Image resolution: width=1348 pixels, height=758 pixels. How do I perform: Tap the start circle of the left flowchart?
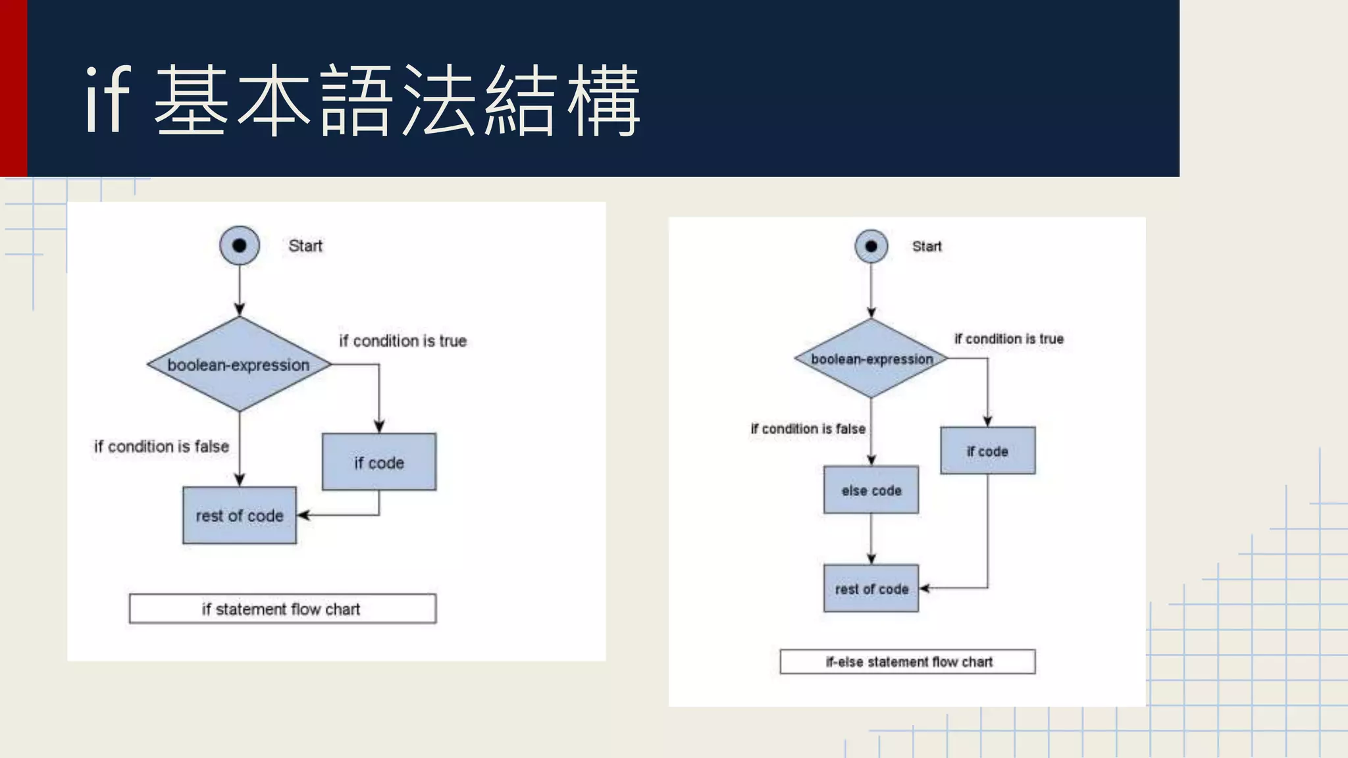pyautogui.click(x=240, y=245)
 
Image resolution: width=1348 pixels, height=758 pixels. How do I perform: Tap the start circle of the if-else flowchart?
pyautogui.click(x=871, y=246)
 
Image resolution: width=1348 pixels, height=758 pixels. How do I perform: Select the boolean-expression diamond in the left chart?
pyautogui.click(x=239, y=365)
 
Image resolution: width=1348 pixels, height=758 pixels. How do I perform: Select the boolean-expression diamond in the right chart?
pyautogui.click(x=871, y=359)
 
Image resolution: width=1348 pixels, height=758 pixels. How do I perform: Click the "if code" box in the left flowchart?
pyautogui.click(x=379, y=462)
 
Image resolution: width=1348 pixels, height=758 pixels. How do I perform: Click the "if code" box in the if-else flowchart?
pyautogui.click(x=987, y=451)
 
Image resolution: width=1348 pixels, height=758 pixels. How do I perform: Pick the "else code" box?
pyautogui.click(x=871, y=490)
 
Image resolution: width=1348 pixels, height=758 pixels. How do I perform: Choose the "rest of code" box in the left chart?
pyautogui.click(x=240, y=515)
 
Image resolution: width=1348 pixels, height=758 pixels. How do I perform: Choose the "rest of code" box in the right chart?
pyautogui.click(x=871, y=588)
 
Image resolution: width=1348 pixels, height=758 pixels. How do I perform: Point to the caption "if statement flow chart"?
pyautogui.click(x=282, y=609)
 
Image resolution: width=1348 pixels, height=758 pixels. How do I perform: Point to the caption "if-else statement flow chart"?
pyautogui.click(x=908, y=661)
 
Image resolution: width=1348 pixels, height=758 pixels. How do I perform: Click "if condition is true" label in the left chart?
pyautogui.click(x=403, y=341)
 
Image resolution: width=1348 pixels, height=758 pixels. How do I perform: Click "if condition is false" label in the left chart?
pyautogui.click(x=162, y=446)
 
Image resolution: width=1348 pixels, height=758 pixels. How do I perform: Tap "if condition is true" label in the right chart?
pyautogui.click(x=1009, y=339)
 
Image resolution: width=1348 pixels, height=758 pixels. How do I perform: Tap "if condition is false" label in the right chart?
pyautogui.click(x=808, y=429)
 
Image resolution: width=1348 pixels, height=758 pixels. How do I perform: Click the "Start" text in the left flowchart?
pyautogui.click(x=305, y=246)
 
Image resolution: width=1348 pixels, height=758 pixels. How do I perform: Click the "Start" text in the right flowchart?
pyautogui.click(x=927, y=247)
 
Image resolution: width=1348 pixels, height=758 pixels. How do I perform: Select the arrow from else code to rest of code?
pyautogui.click(x=871, y=538)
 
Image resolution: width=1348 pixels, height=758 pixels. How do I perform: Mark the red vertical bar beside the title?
pyautogui.click(x=13, y=88)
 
